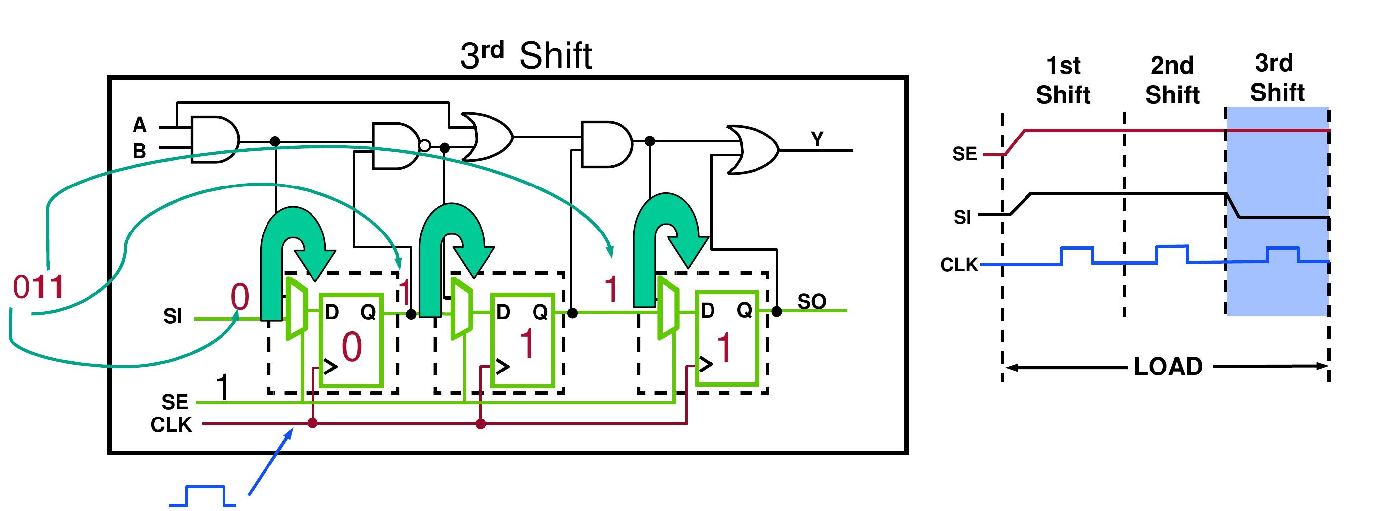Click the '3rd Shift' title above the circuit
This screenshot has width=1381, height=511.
pos(526,55)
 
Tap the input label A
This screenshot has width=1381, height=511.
pos(139,125)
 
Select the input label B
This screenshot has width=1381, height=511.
pos(139,151)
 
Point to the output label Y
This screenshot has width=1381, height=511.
pos(816,139)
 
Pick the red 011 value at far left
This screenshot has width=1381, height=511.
pos(38,287)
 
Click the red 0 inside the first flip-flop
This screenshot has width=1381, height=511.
pos(352,347)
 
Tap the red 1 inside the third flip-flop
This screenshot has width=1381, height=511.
pos(724,347)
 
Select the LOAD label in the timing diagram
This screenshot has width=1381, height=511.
pos(1168,367)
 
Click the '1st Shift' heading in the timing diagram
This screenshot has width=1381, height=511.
pos(1063,81)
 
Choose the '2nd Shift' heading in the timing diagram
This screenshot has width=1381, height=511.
pos(1172,81)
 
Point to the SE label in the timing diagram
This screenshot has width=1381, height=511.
pos(965,154)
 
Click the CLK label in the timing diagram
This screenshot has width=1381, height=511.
pos(959,265)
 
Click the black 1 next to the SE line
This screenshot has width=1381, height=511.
pos(223,388)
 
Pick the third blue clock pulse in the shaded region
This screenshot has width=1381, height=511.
pos(1283,254)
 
